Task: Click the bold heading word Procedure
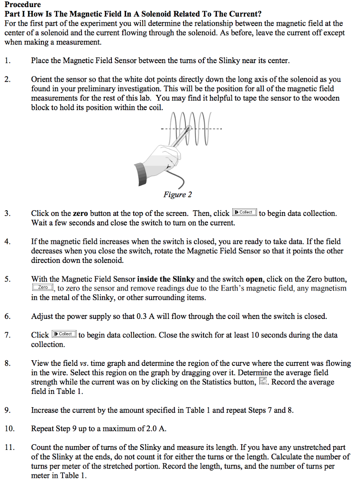23,4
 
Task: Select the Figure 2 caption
178,195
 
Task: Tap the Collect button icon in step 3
245,213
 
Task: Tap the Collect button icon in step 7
64,334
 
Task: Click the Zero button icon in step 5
43,288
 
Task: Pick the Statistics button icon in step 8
264,382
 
